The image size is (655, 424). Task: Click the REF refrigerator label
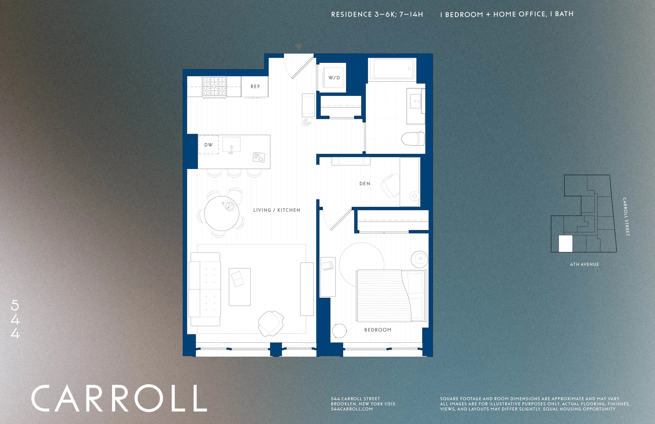[255, 86]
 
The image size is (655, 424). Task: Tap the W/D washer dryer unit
[334, 78]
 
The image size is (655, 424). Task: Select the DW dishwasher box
[208, 145]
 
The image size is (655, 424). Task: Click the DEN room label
[365, 184]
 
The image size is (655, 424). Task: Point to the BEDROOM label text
[378, 330]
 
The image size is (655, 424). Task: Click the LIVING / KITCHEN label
[277, 210]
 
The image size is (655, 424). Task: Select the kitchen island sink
[231, 145]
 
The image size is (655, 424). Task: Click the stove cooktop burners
[214, 86]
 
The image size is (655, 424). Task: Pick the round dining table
[222, 213]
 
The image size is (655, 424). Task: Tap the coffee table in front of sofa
[239, 287]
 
